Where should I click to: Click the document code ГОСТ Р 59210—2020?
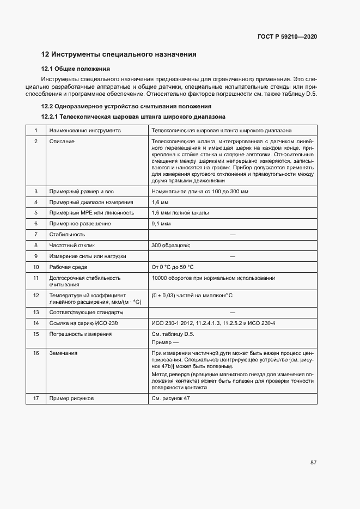click(287, 37)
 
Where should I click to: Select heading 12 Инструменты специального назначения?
click(119, 54)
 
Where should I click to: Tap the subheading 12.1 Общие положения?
click(76, 69)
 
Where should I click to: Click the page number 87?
click(314, 463)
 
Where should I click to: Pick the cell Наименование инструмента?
click(85, 131)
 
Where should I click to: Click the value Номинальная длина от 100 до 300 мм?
click(201, 192)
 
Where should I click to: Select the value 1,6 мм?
click(160, 202)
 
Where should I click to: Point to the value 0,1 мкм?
click(161, 224)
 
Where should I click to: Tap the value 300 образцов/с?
click(172, 246)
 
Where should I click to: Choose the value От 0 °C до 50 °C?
click(173, 267)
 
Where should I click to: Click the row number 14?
click(36, 323)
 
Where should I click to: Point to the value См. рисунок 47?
click(171, 399)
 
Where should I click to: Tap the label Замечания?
click(63, 353)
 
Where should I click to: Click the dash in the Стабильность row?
click(233, 235)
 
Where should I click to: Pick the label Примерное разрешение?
click(80, 224)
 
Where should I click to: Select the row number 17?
click(36, 399)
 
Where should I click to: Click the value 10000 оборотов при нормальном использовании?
click(213, 278)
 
